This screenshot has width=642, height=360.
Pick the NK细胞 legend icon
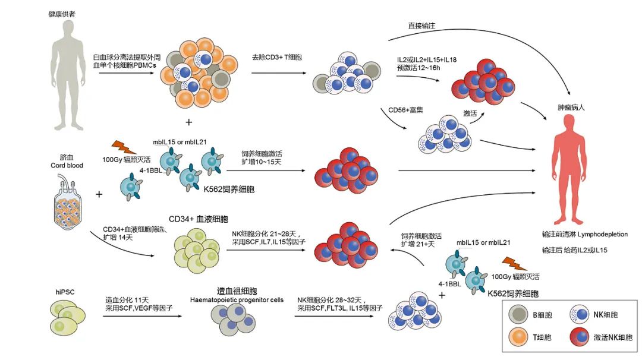(578, 314)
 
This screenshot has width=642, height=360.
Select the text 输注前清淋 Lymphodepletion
(584, 234)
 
